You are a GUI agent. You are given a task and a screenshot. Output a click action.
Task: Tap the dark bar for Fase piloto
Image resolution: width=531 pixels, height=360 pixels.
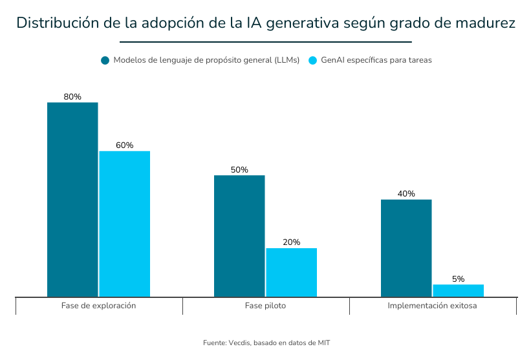[239, 236]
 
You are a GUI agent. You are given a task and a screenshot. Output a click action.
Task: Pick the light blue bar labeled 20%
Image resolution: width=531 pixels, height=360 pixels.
[291, 272]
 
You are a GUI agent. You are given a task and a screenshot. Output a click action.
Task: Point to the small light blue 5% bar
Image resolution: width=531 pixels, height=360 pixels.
[458, 290]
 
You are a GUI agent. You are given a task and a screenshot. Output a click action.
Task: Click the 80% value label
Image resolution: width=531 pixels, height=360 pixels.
[72, 97]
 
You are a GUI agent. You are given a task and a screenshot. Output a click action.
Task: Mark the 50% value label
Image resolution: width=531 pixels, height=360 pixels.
[239, 170]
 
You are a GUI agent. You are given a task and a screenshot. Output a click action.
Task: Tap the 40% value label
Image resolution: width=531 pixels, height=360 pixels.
[406, 194]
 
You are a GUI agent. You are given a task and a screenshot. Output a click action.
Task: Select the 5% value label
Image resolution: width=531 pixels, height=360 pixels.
[458, 279]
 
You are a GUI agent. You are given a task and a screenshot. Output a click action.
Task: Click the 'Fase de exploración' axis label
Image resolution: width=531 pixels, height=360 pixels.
[98, 306]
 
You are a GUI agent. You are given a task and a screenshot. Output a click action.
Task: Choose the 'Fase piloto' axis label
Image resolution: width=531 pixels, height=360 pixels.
[265, 306]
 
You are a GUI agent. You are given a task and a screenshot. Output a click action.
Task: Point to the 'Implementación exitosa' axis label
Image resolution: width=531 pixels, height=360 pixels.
[432, 306]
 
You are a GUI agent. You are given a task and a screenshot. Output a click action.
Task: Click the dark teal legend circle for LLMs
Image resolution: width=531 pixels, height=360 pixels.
[105, 60]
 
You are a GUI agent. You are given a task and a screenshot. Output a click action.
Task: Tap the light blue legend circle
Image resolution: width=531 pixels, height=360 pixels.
[312, 60]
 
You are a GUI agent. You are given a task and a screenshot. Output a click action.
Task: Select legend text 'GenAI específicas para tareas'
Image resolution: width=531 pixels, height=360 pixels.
[376, 60]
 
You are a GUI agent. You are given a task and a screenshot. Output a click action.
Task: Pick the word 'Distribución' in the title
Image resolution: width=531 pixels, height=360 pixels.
[56, 23]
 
